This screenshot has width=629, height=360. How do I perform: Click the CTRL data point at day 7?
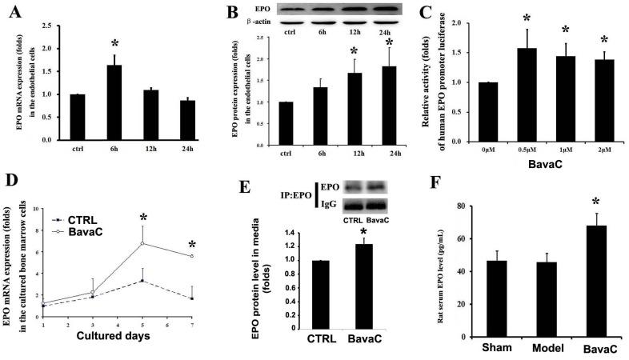click(191, 298)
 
